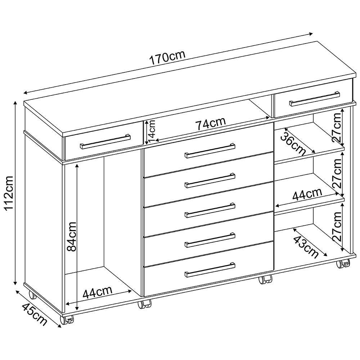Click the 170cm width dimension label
(x=167, y=58)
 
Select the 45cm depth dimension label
(x=35, y=314)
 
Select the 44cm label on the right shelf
(x=307, y=194)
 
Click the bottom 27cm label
(x=337, y=226)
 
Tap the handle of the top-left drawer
(x=105, y=141)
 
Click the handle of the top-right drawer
(x=315, y=99)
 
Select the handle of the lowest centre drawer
(x=210, y=270)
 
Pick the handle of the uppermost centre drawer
(x=210, y=151)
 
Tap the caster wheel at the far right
(x=343, y=264)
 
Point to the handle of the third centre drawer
(x=210, y=210)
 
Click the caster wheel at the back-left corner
(x=32, y=295)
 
